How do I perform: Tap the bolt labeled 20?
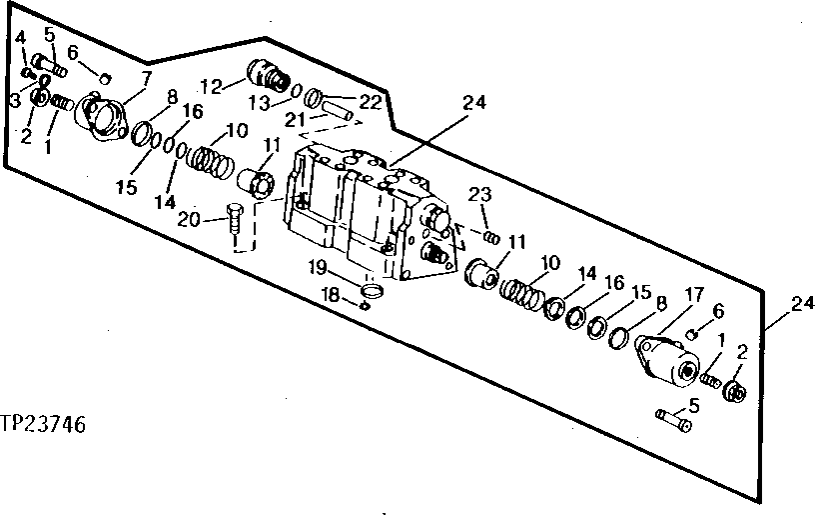235,218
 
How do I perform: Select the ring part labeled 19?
371,291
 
